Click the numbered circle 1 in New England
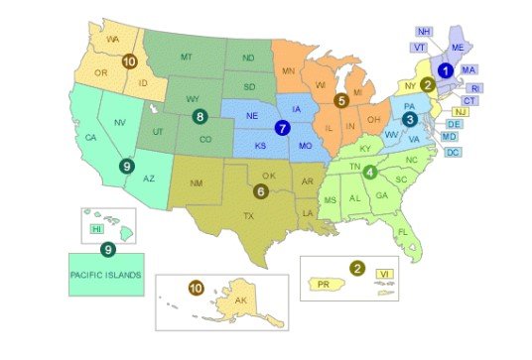446,70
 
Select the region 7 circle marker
283,128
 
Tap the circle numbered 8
200,118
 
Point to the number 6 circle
261,190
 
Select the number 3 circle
408,119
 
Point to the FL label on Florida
402,233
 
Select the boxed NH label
425,32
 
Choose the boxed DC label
453,152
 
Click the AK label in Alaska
239,302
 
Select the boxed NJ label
460,112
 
